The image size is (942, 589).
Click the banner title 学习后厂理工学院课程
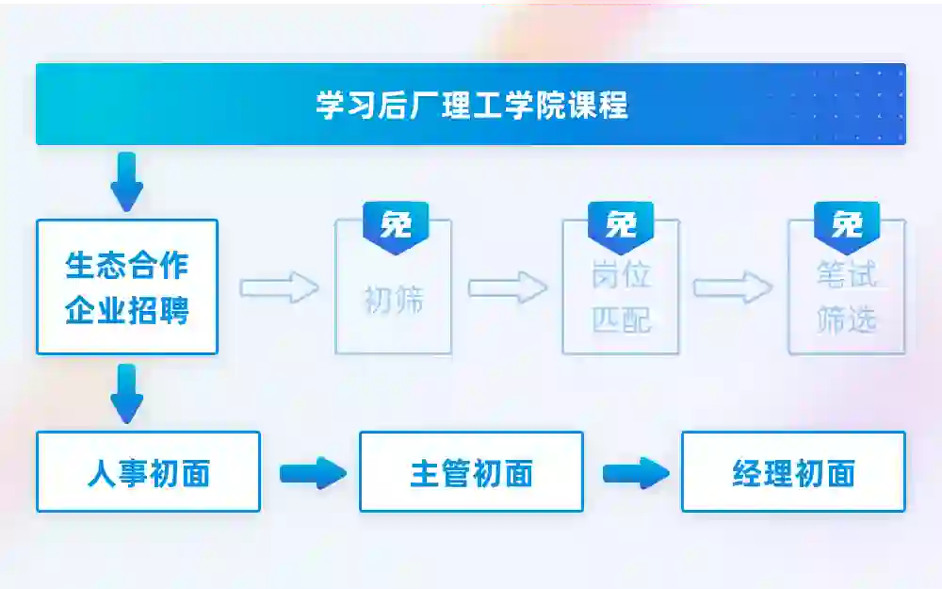pos(471,106)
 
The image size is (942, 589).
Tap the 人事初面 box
pos(148,472)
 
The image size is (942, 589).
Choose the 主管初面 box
pos(471,472)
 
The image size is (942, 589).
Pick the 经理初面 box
pos(793,472)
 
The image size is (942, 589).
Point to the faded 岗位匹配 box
pos(621,298)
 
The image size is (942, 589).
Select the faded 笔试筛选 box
pos(847,298)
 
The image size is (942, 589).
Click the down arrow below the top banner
pos(127,181)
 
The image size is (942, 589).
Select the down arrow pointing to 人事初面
pos(127,393)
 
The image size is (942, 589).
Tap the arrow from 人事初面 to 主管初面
pos(312,472)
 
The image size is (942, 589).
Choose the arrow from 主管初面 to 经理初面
pos(635,472)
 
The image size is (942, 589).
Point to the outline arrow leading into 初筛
pos(279,287)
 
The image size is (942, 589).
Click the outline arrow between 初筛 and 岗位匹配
pos(508,287)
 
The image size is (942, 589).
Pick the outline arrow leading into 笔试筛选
pos(733,287)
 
